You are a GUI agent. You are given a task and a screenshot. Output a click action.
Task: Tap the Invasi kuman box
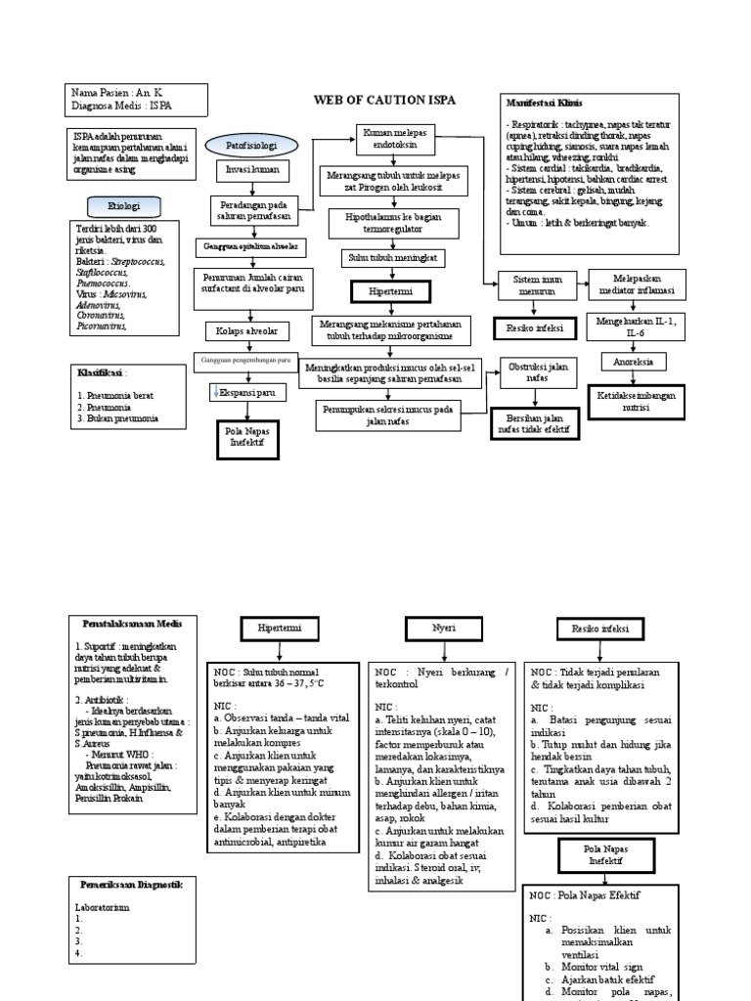(245, 171)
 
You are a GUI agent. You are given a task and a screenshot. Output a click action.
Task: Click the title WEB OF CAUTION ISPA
(384, 100)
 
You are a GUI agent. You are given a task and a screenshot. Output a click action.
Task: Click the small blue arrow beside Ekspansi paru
(216, 392)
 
